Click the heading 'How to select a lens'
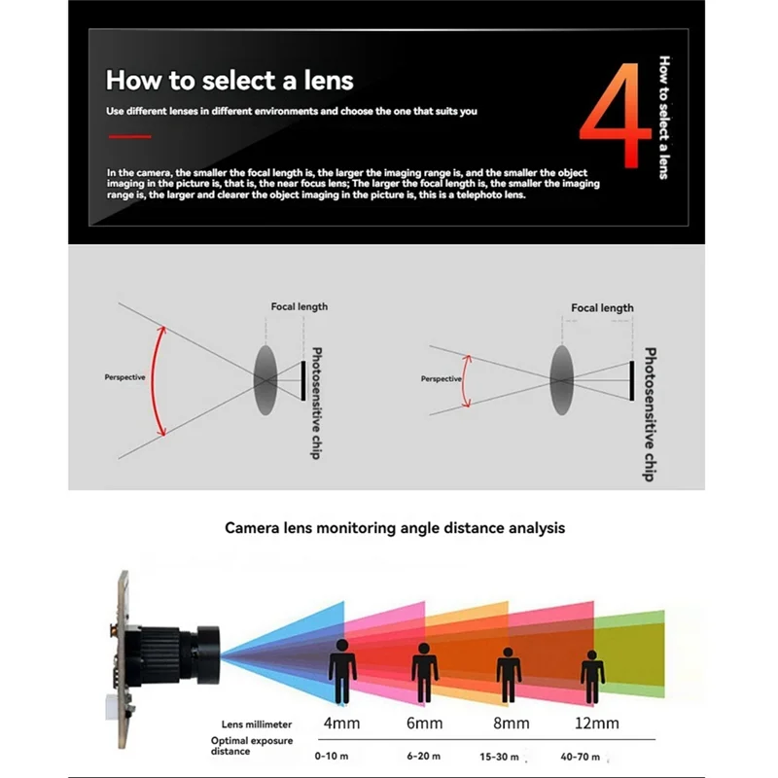(230, 80)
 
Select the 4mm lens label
(341, 724)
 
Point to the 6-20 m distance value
(423, 756)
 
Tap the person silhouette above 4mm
(341, 669)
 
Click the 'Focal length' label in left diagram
(299, 306)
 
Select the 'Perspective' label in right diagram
(441, 379)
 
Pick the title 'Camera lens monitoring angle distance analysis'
(395, 528)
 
